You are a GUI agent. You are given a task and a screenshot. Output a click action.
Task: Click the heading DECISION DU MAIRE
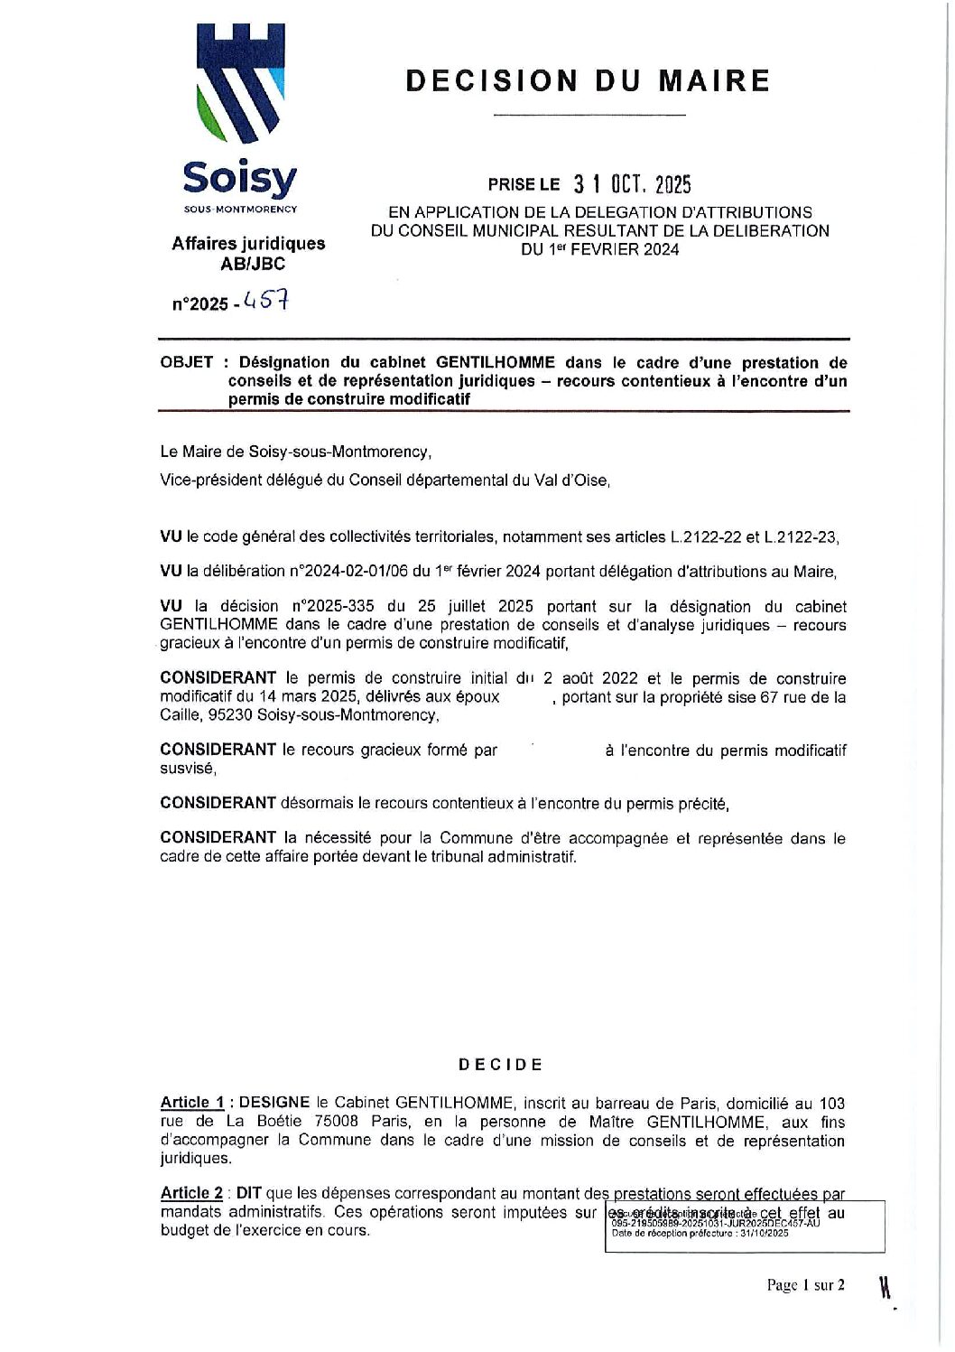pyautogui.click(x=588, y=81)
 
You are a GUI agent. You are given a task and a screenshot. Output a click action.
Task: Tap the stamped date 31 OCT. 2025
pyautogui.click(x=632, y=185)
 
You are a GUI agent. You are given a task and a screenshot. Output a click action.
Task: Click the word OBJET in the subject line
pyautogui.click(x=187, y=363)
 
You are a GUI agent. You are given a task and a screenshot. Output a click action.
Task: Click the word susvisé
pyautogui.click(x=188, y=769)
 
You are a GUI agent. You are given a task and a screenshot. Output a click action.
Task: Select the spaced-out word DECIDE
pyautogui.click(x=501, y=1065)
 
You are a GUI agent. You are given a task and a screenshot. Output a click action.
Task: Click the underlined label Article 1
pyautogui.click(x=192, y=1103)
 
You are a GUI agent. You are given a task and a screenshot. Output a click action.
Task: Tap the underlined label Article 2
pyautogui.click(x=192, y=1193)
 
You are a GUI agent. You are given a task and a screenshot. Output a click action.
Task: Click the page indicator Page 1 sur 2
pyautogui.click(x=806, y=1285)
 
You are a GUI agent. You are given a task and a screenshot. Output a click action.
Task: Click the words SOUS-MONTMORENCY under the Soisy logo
pyautogui.click(x=240, y=210)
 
